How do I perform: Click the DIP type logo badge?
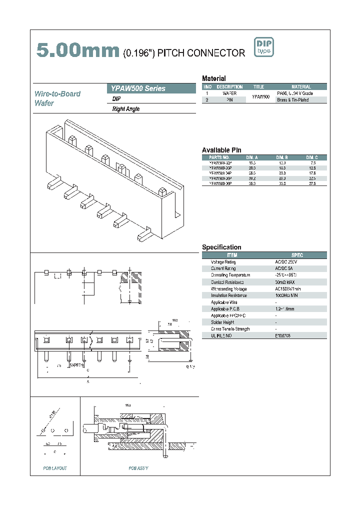coord(264,47)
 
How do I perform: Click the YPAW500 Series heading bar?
coord(151,88)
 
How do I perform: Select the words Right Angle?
coord(126,109)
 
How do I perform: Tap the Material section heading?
coord(213,78)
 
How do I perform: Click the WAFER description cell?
coord(229,93)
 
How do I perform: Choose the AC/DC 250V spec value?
coord(286,262)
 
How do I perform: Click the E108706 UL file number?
coord(282,336)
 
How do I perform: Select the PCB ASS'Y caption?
coord(138,468)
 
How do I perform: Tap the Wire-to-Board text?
coord(57,93)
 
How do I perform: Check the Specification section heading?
coord(221,247)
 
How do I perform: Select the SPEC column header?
coord(297,255)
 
